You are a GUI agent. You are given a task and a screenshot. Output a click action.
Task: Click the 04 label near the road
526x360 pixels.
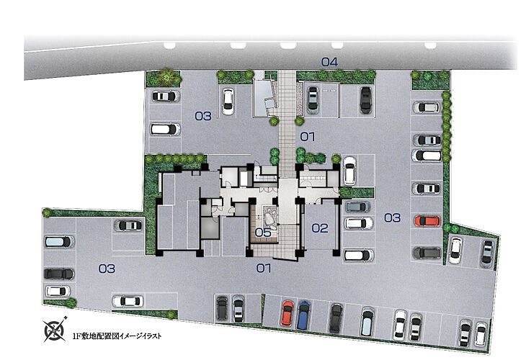point(329,62)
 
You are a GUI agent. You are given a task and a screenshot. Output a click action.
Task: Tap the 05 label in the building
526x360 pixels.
point(263,233)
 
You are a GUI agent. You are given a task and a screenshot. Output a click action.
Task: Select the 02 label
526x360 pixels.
point(319,229)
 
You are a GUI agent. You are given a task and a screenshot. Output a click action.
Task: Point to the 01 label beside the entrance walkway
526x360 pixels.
point(308,137)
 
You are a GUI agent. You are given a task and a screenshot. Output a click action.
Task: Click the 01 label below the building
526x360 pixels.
point(264,269)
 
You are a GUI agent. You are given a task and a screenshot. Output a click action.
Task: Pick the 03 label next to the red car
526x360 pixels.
point(392,217)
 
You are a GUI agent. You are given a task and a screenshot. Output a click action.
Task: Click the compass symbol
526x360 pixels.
point(55,330)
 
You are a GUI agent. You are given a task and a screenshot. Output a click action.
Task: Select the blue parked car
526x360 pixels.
point(303,314)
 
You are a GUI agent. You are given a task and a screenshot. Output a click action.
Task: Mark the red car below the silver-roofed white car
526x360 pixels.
point(427,220)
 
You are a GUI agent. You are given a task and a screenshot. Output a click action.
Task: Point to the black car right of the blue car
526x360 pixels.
point(336,317)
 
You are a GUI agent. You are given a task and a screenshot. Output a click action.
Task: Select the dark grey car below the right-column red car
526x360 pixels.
point(427,253)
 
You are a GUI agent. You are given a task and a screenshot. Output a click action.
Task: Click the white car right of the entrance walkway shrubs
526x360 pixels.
point(349,170)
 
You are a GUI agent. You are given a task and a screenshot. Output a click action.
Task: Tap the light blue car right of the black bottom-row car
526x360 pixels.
point(367,321)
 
